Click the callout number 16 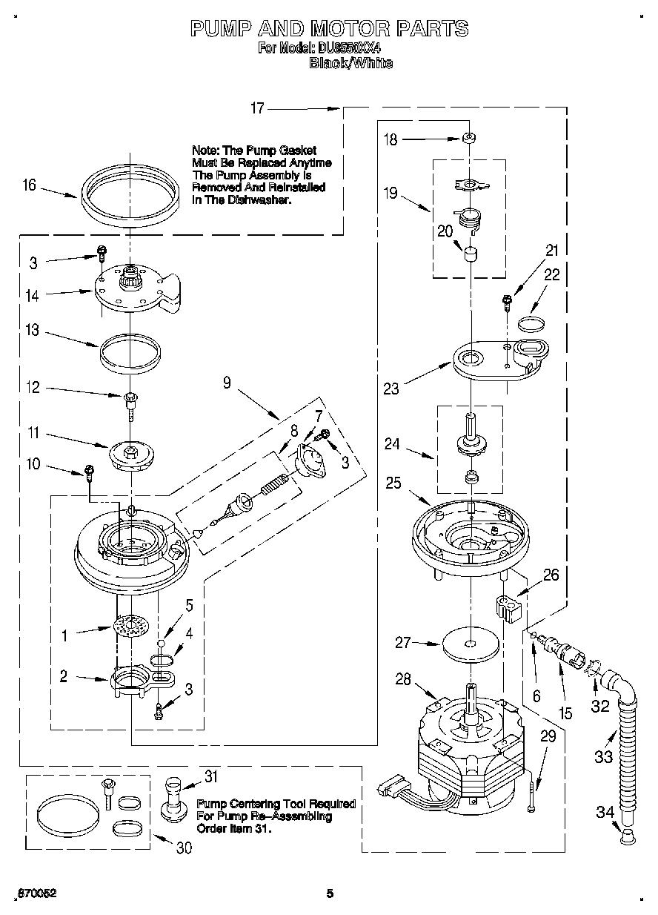(29, 185)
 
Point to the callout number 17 (256, 109)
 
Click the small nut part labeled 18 (468, 138)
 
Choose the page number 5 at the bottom (330, 893)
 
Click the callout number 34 (605, 812)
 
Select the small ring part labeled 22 (531, 323)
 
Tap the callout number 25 (393, 483)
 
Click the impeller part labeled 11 (130, 454)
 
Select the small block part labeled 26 (507, 607)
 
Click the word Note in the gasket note (204, 151)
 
